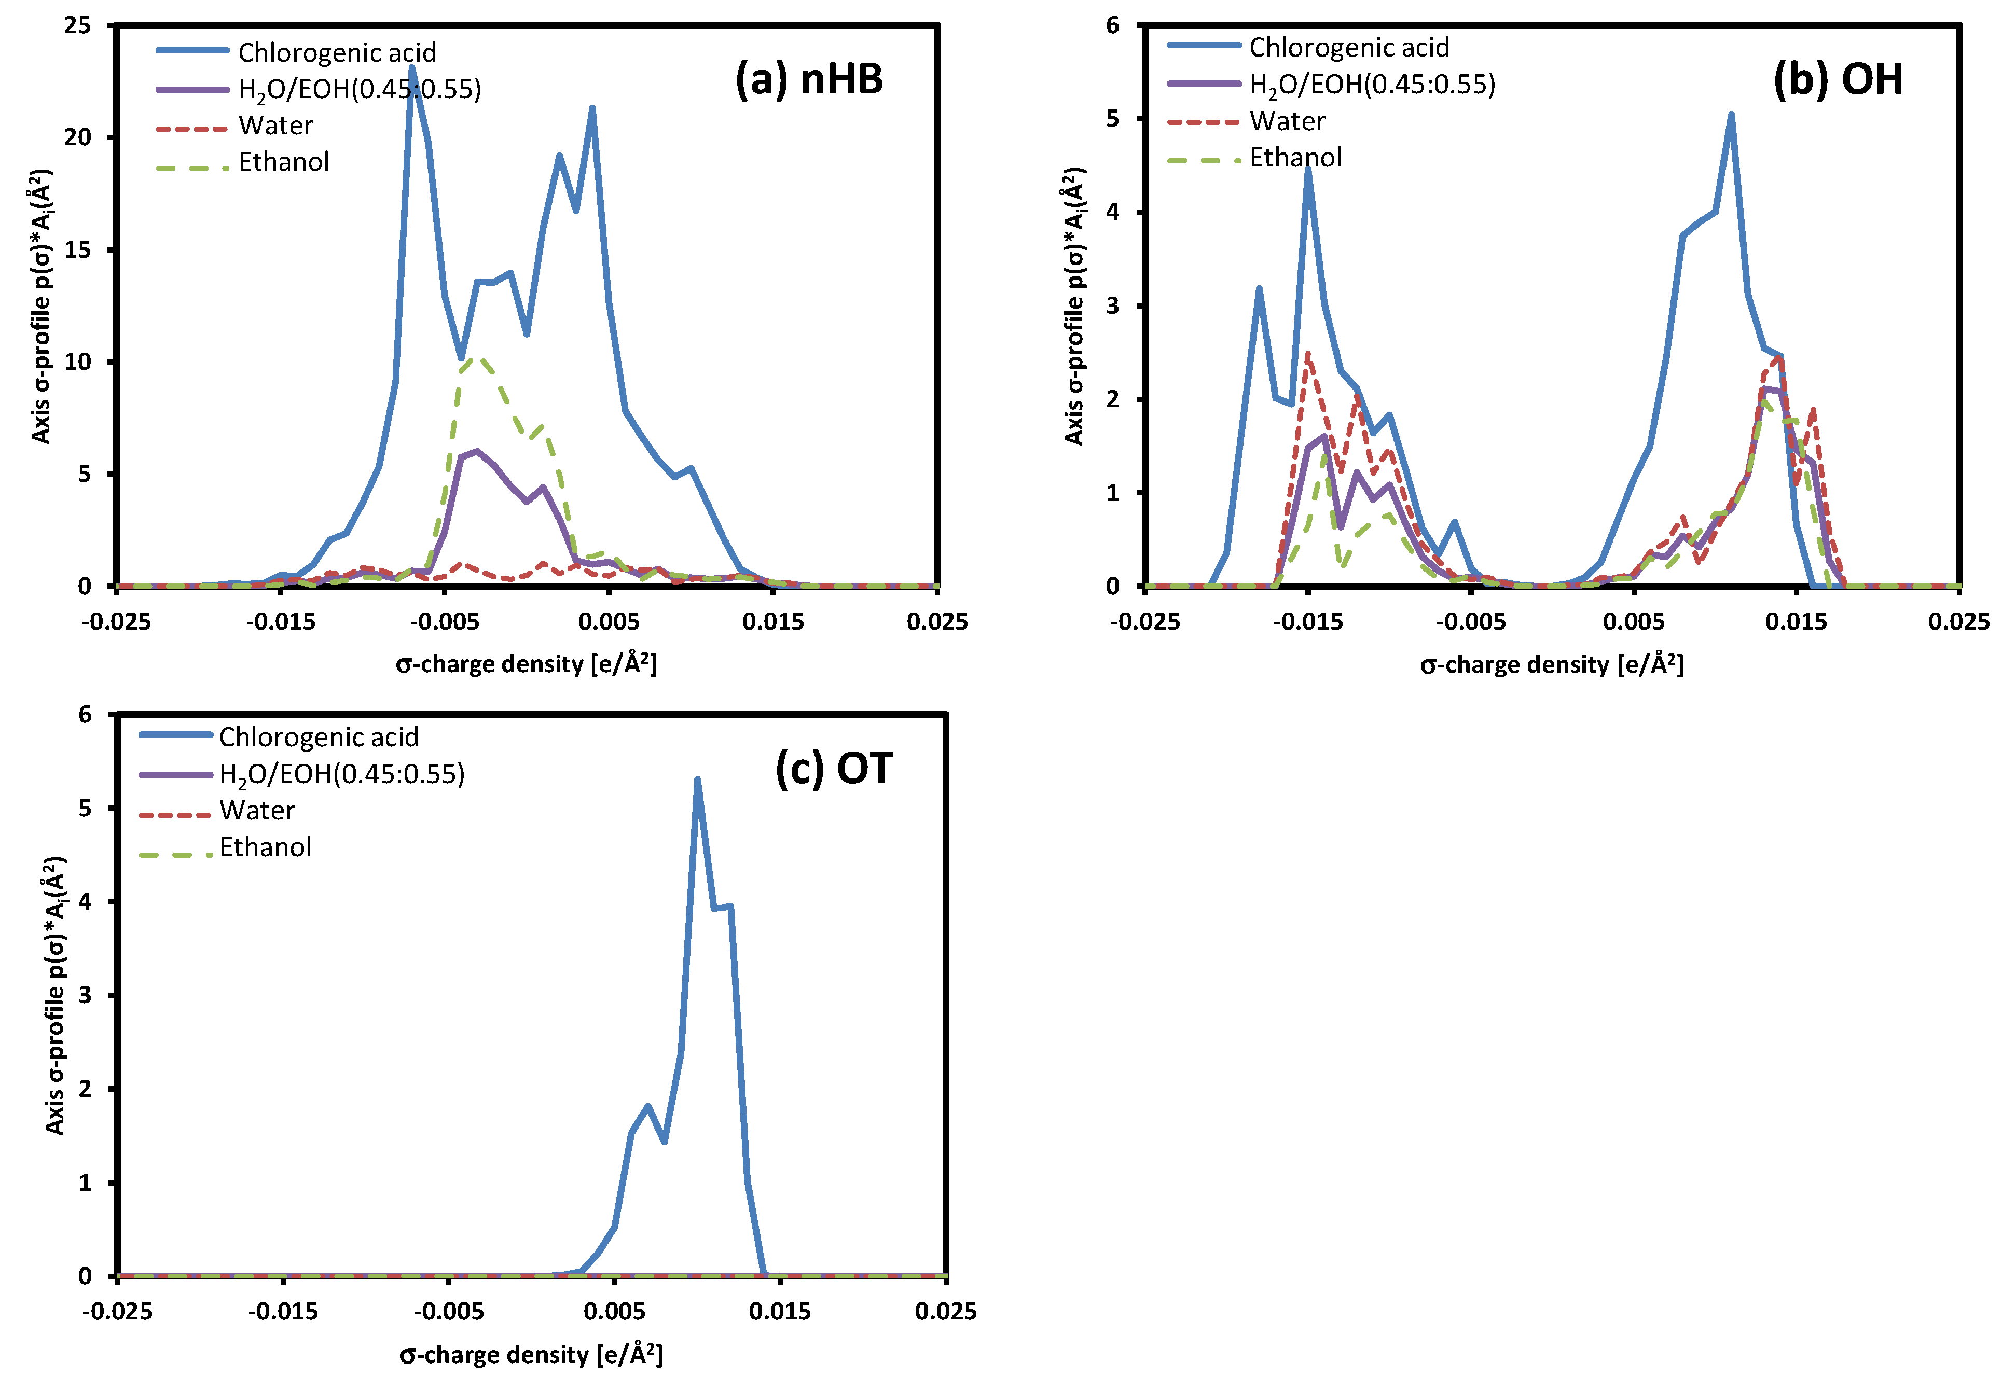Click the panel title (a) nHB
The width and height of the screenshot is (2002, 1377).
coord(809,79)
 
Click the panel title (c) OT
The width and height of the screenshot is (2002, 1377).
coord(834,768)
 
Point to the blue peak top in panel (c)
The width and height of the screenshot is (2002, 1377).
coord(697,780)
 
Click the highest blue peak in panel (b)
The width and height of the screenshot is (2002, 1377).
coord(1731,115)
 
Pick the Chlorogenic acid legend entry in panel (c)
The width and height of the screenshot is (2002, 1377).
coord(319,737)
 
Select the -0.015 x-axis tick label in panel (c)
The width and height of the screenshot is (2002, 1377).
coord(283,1312)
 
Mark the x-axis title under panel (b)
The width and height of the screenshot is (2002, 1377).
coord(1552,664)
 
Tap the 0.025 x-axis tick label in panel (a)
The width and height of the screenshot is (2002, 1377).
coord(936,621)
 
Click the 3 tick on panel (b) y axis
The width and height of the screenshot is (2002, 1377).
coord(1113,305)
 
